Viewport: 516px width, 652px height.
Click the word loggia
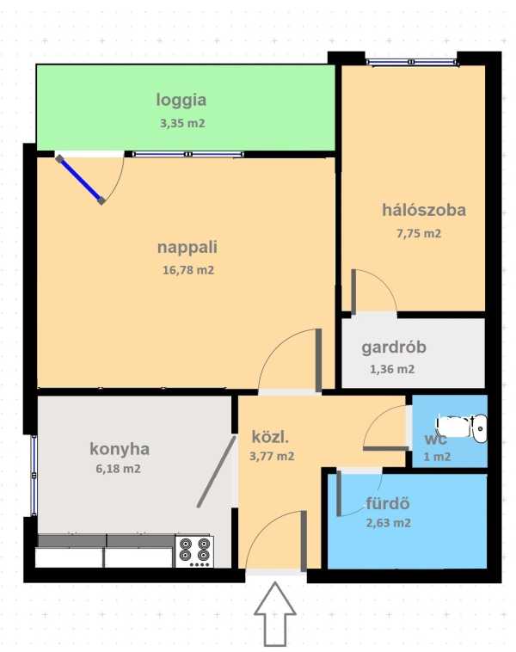(181, 101)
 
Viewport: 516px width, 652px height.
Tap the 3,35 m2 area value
(182, 124)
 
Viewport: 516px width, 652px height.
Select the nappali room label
(187, 248)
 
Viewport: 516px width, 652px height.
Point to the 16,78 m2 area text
(188, 270)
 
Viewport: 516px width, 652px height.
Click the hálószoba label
(424, 210)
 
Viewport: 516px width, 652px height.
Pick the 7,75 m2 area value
(419, 234)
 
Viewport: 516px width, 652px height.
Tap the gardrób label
(394, 348)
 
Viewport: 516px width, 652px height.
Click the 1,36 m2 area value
(392, 369)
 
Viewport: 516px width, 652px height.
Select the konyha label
(120, 450)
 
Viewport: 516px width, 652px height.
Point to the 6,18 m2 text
(118, 469)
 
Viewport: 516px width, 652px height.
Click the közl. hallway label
(270, 438)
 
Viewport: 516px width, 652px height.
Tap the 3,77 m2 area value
(272, 457)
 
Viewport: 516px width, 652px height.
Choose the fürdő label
(388, 503)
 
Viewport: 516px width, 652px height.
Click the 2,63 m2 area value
(389, 523)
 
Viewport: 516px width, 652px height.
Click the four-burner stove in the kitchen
(194, 551)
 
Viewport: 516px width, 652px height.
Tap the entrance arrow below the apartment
(275, 613)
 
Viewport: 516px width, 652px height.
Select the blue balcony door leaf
(80, 180)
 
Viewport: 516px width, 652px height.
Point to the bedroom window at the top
(413, 63)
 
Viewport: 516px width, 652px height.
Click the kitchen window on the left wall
(34, 476)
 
